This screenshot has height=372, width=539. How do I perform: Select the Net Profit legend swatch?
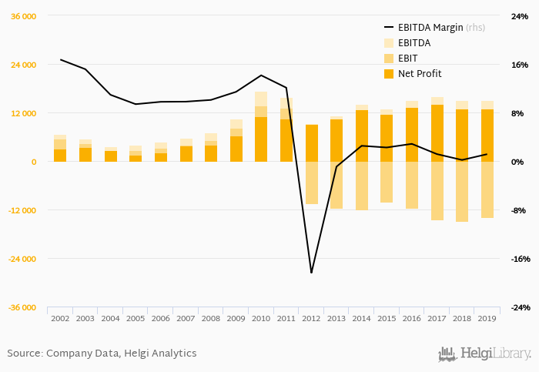point(389,74)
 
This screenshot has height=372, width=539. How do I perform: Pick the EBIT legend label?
point(409,59)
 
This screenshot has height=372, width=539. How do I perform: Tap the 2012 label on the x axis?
point(312,318)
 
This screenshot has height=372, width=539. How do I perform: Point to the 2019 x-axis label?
point(487,318)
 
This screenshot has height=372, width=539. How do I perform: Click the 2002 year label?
point(60,318)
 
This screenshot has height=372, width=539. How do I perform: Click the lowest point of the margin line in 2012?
point(312,273)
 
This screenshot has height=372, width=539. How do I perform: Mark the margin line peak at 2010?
point(261,75)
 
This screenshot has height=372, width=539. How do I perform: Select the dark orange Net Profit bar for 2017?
point(437,133)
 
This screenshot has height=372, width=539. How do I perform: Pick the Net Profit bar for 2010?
point(261,139)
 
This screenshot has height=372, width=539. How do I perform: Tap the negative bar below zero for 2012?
point(312,183)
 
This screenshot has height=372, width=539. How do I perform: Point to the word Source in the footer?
point(24,354)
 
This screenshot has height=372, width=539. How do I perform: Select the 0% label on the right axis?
point(518,162)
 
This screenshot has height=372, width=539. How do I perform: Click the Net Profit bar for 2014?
point(362,136)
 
